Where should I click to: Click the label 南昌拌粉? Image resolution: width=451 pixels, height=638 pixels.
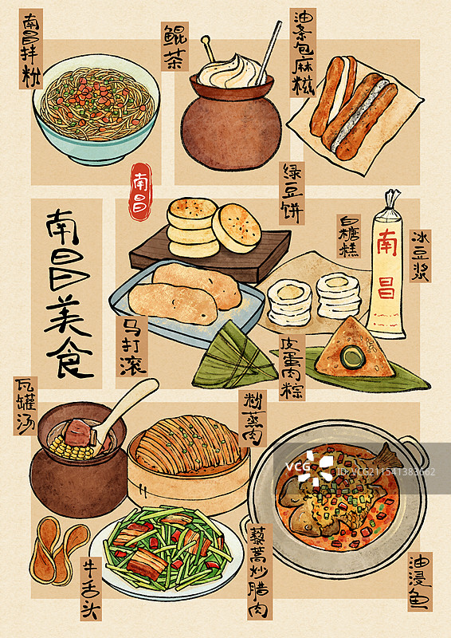[29, 49]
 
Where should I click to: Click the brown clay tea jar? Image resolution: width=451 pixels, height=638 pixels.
[231, 128]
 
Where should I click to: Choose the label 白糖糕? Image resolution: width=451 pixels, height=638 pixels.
[348, 236]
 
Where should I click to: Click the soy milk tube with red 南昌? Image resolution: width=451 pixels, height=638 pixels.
[387, 263]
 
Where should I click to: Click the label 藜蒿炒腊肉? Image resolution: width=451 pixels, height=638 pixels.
[260, 571]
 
